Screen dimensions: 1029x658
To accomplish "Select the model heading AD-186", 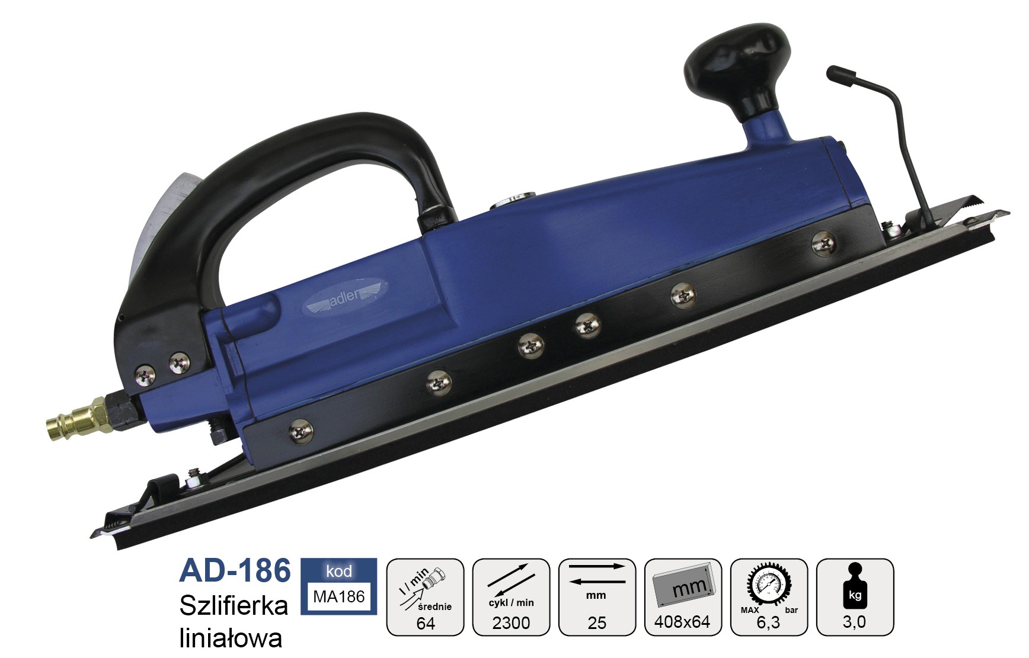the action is click(x=235, y=570).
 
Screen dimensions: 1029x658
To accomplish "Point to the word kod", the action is click(x=338, y=571).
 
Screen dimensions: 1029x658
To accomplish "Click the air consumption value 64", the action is click(x=426, y=623).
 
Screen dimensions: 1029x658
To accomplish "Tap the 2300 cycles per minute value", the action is click(x=511, y=623).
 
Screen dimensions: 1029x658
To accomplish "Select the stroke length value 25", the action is click(x=597, y=623).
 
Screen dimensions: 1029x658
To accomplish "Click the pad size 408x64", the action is click(x=682, y=622).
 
